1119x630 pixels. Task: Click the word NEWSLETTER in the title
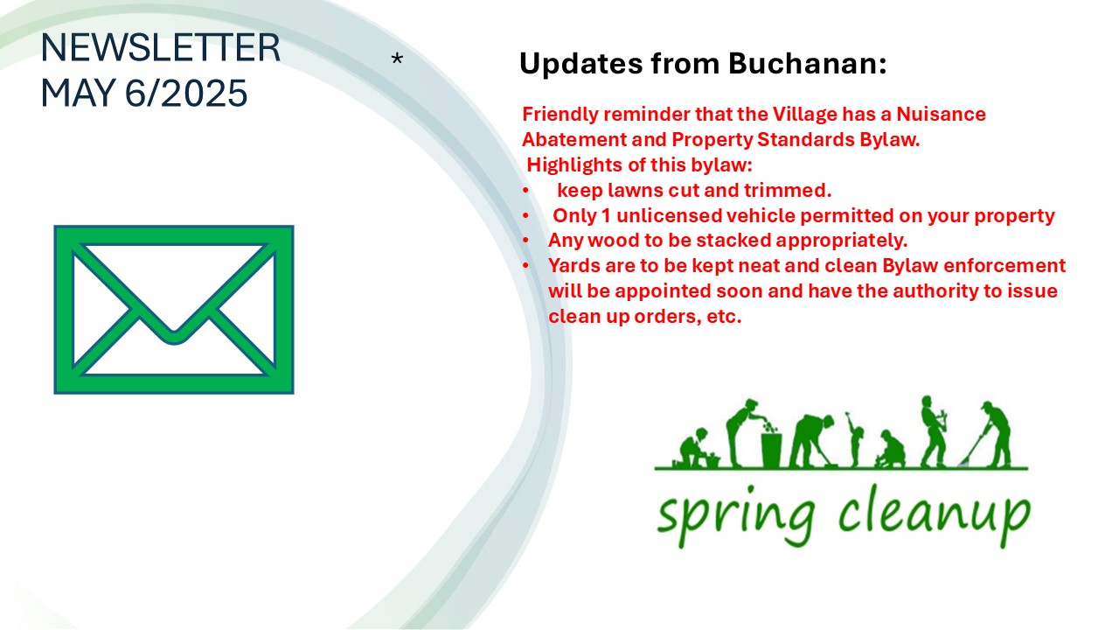click(160, 47)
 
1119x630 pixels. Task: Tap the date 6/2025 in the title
click(186, 93)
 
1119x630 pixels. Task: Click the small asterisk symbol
click(397, 59)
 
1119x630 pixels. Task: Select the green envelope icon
click(174, 310)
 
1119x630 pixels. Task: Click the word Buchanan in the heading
click(808, 64)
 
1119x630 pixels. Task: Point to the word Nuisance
click(942, 114)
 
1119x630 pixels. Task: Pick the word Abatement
click(574, 139)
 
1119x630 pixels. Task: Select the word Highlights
click(572, 165)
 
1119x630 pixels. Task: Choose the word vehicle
click(761, 216)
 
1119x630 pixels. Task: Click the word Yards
click(574, 265)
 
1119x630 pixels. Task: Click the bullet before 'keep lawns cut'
click(525, 191)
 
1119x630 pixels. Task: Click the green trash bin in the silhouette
click(771, 450)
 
